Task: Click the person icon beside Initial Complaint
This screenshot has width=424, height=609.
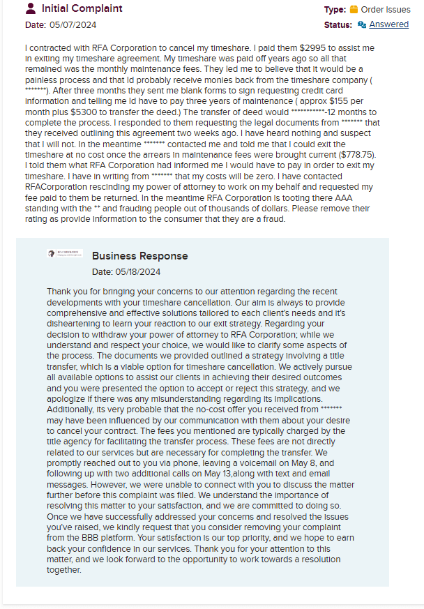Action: (x=31, y=9)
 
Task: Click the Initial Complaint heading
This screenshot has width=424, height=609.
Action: (x=82, y=9)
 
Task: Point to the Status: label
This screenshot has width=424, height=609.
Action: (x=338, y=24)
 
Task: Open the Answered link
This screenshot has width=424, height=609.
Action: (x=388, y=24)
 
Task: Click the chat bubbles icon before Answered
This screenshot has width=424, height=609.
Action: (x=362, y=24)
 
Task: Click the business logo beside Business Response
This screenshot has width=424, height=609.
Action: (x=65, y=254)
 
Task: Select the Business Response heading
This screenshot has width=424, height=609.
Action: (x=139, y=256)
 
